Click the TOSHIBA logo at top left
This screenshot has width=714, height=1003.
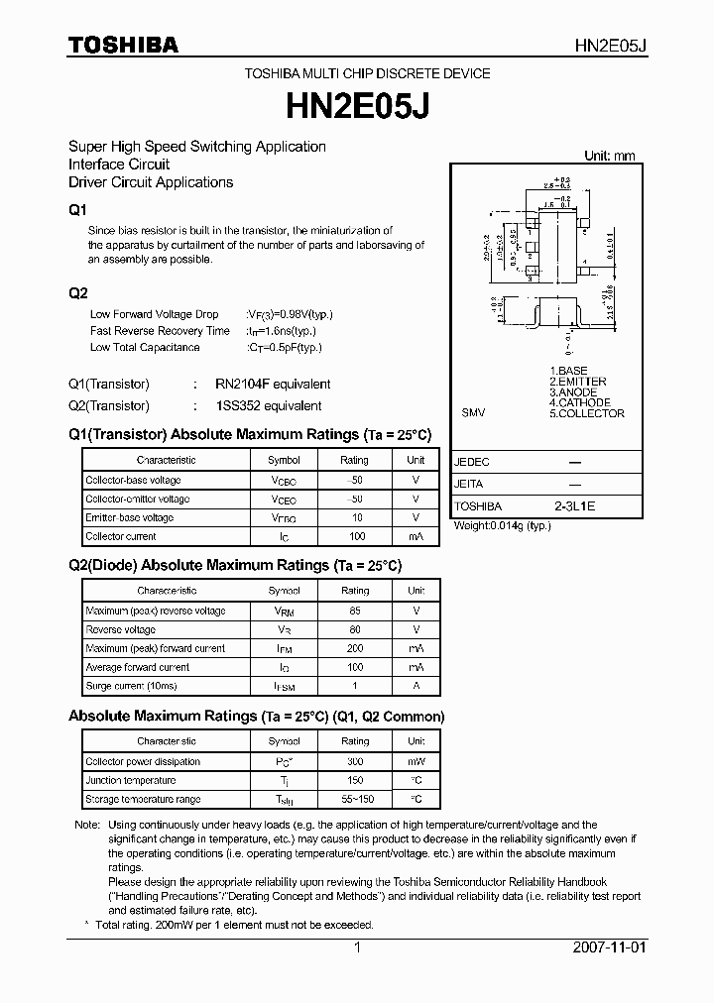(x=123, y=45)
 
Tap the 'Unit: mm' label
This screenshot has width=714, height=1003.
(x=609, y=156)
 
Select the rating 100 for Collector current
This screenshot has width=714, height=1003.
(x=356, y=536)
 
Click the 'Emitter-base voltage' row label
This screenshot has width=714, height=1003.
(x=129, y=517)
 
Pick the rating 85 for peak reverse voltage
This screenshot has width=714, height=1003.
(x=355, y=611)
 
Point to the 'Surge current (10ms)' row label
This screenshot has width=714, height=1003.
(x=131, y=686)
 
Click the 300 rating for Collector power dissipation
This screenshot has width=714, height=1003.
(x=355, y=761)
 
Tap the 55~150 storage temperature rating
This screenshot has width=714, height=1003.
(x=355, y=799)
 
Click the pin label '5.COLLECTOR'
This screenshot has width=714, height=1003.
(x=587, y=413)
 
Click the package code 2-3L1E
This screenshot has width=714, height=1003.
(x=574, y=505)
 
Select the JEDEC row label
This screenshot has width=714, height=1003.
(x=472, y=462)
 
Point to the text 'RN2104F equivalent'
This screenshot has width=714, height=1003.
(x=273, y=384)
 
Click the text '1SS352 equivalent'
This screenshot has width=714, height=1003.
(x=268, y=405)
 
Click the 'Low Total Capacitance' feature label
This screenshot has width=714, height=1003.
(x=145, y=347)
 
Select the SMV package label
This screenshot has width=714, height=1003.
(x=473, y=413)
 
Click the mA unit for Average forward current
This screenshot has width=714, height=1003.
(x=416, y=667)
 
